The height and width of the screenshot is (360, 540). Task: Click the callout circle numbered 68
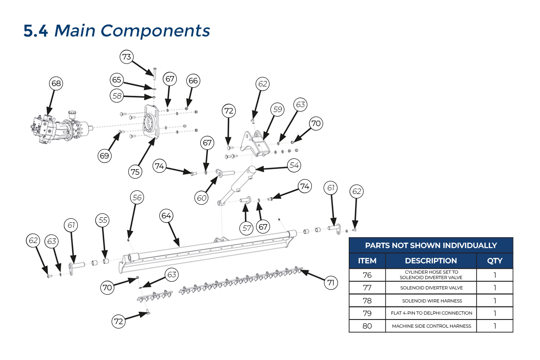pyautogui.click(x=56, y=83)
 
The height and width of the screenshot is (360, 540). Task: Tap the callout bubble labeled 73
pyautogui.click(x=126, y=57)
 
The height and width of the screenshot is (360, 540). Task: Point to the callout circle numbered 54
pyautogui.click(x=294, y=166)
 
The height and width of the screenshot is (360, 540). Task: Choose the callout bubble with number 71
pyautogui.click(x=331, y=283)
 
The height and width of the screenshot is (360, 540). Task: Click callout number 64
pyautogui.click(x=166, y=216)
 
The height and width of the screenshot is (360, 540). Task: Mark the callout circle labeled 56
pyautogui.click(x=137, y=198)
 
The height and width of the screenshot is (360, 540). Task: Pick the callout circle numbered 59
pyautogui.click(x=278, y=109)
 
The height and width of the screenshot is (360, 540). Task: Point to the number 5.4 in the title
pyautogui.click(x=36, y=31)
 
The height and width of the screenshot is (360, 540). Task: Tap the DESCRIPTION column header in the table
pyautogui.click(x=431, y=261)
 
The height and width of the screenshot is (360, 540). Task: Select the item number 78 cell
pyautogui.click(x=367, y=301)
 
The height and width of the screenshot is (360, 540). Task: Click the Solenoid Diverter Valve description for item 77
pyautogui.click(x=431, y=288)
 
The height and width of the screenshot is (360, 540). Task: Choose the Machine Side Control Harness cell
pyautogui.click(x=431, y=326)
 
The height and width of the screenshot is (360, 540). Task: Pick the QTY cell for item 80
pyautogui.click(x=495, y=326)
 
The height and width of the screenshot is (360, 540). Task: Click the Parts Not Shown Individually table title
pyautogui.click(x=431, y=245)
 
